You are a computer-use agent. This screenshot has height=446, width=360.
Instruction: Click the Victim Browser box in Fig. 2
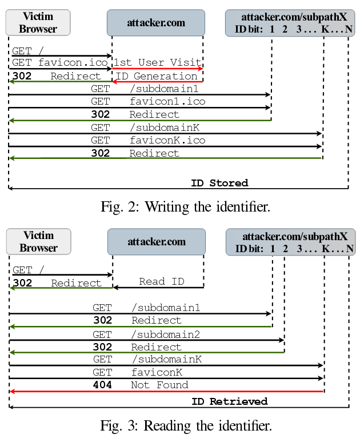[38, 23]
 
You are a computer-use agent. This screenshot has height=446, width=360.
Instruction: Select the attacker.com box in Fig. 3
[156, 242]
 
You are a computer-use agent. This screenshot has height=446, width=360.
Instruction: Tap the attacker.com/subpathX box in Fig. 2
[290, 23]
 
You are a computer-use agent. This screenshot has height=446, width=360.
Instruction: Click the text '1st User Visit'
[157, 62]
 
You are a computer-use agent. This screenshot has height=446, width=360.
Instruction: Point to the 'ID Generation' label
[157, 76]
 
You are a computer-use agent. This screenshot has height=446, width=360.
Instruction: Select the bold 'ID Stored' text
[219, 183]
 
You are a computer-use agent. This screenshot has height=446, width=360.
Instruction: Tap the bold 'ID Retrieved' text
[229, 401]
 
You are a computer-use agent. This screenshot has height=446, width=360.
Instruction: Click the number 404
[102, 385]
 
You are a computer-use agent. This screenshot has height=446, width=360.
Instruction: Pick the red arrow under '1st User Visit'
[157, 69]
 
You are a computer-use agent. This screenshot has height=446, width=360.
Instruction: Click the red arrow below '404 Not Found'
[166, 392]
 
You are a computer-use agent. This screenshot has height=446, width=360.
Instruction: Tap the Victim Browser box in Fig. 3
[38, 241]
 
